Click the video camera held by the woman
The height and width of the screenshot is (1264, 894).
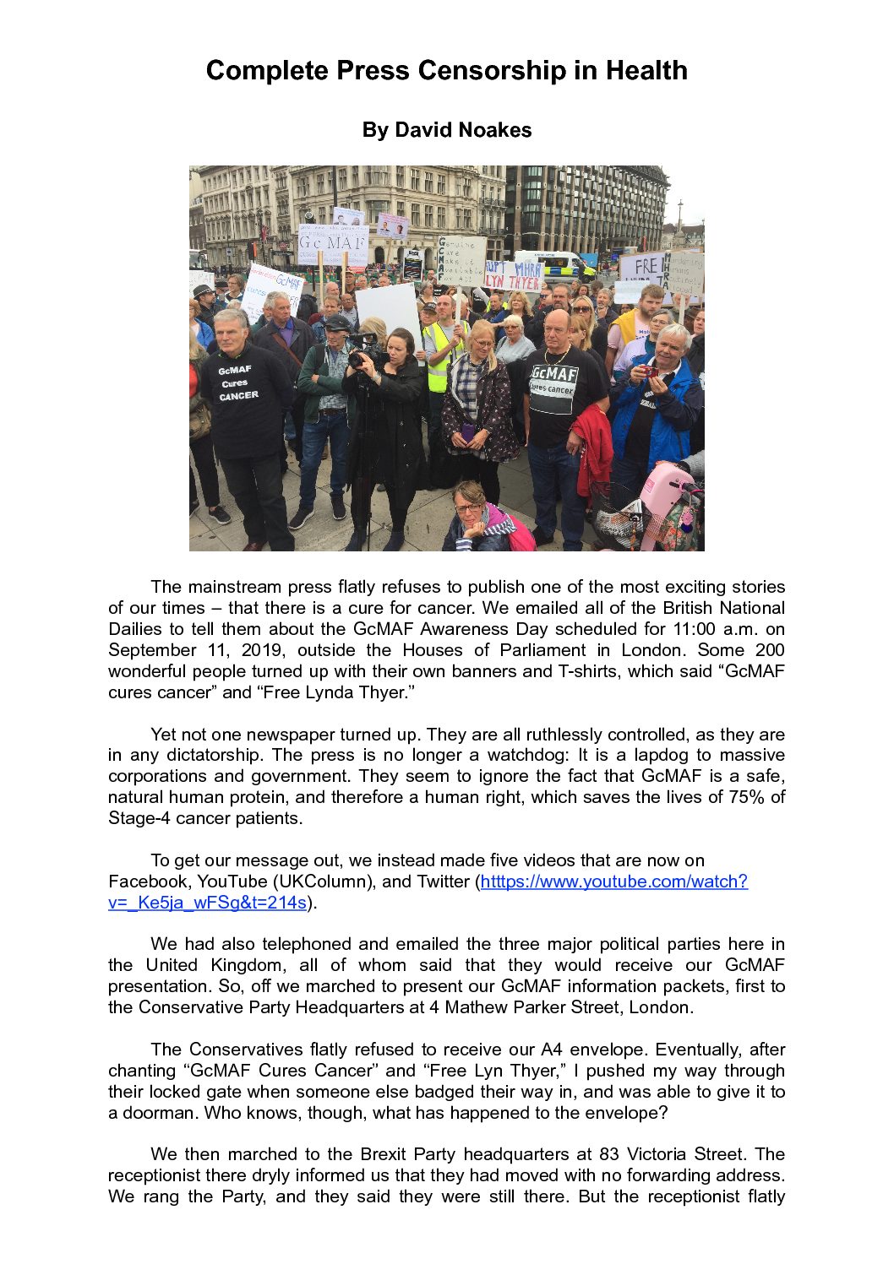365,349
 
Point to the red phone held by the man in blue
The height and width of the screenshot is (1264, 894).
649,371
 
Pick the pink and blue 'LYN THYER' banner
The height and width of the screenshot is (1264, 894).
514,276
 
